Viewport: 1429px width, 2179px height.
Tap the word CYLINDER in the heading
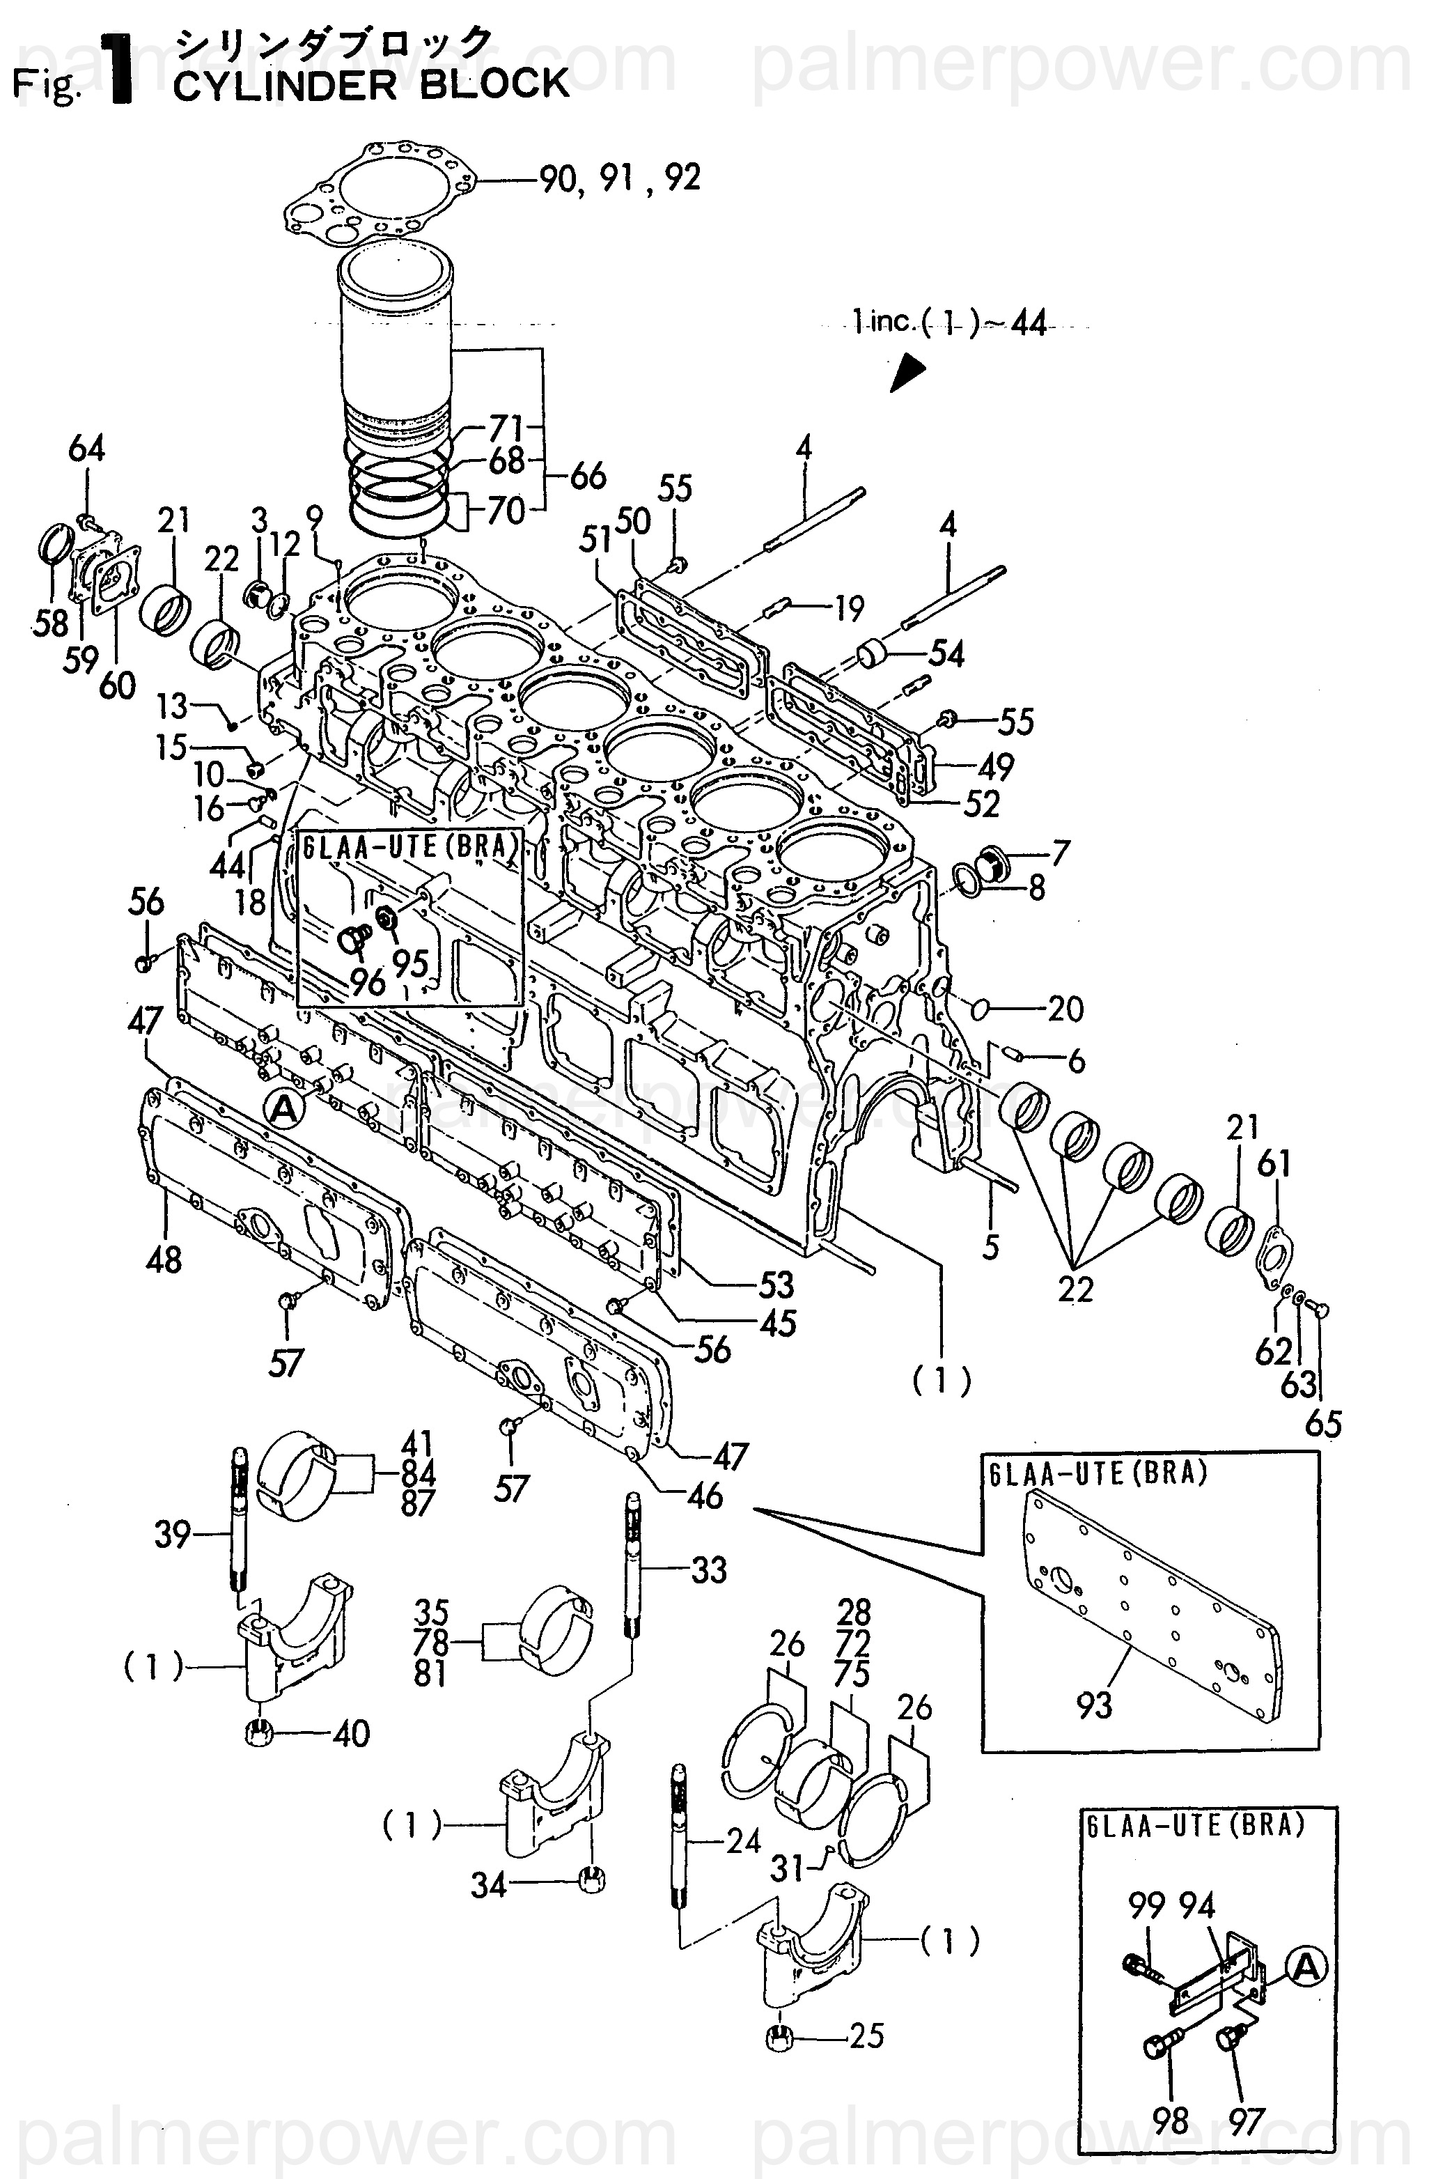click(x=285, y=85)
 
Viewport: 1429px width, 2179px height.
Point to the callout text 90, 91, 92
click(x=620, y=177)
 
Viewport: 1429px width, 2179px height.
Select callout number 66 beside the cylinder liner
click(x=587, y=475)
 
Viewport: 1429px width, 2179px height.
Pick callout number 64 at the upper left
click(x=86, y=449)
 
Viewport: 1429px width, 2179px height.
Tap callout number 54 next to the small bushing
click(x=946, y=653)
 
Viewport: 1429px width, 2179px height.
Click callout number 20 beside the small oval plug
click(x=1065, y=1009)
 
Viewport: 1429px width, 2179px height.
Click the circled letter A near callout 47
click(x=284, y=1110)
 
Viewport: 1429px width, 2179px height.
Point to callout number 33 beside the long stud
click(x=708, y=1569)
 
